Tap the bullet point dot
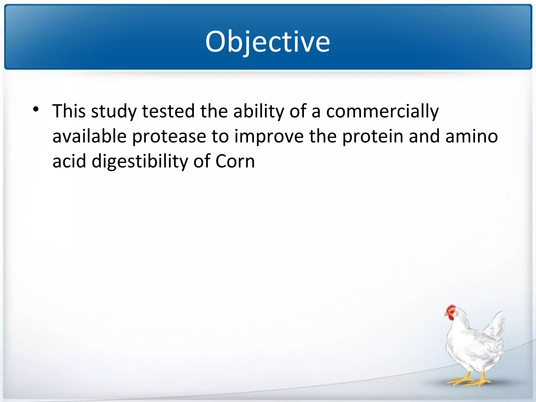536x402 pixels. click(36, 109)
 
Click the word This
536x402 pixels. click(69, 111)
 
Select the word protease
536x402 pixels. click(169, 137)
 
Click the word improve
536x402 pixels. click(269, 137)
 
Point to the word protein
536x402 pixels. click(372, 137)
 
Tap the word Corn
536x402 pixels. click(235, 161)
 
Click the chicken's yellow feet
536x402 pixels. click(468, 381)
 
